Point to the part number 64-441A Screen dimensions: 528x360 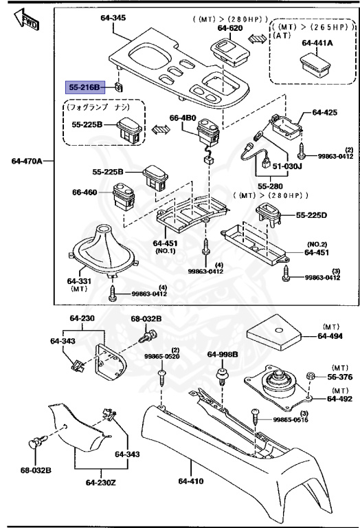(316, 43)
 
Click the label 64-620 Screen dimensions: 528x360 (231, 27)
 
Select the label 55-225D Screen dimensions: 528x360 (313, 215)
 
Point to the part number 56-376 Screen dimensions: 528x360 (339, 377)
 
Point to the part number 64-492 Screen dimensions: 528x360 (339, 398)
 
